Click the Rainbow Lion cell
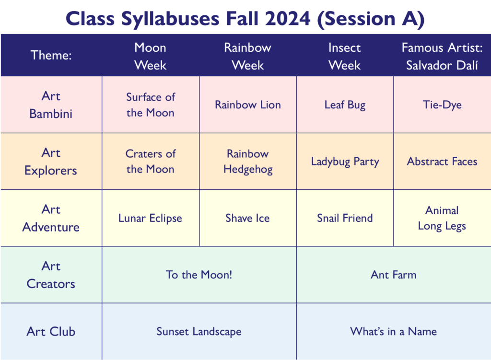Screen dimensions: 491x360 pos(248,105)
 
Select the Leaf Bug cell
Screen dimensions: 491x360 pos(345,105)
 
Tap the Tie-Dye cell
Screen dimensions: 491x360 pos(442,105)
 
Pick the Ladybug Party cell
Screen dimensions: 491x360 pos(345,161)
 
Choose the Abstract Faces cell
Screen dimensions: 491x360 pos(442,161)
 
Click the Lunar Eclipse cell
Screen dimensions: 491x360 pos(150,218)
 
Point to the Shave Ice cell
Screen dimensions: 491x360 pos(248,218)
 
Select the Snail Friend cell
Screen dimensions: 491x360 pos(345,218)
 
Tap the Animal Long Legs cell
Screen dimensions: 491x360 pos(442,218)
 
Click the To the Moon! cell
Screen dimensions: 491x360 pos(199,275)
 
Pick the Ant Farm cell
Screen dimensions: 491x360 pos(394,275)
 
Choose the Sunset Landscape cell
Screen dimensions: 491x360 pos(199,331)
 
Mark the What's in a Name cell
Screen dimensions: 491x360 pos(394,331)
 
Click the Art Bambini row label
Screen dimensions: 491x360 pos(51,105)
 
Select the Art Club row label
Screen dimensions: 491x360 pos(51,331)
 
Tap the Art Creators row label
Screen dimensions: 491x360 pos(51,275)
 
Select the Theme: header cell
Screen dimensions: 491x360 pos(51,56)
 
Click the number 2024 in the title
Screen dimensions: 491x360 pos(288,19)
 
